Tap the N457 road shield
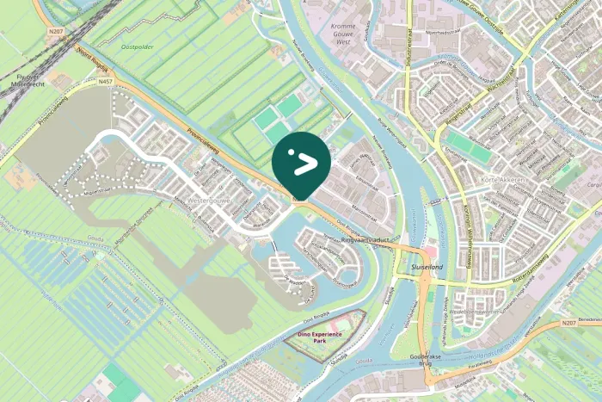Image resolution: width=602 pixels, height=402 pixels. pyautogui.click(x=105, y=82)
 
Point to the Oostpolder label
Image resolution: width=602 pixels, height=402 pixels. pyautogui.click(x=138, y=47)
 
